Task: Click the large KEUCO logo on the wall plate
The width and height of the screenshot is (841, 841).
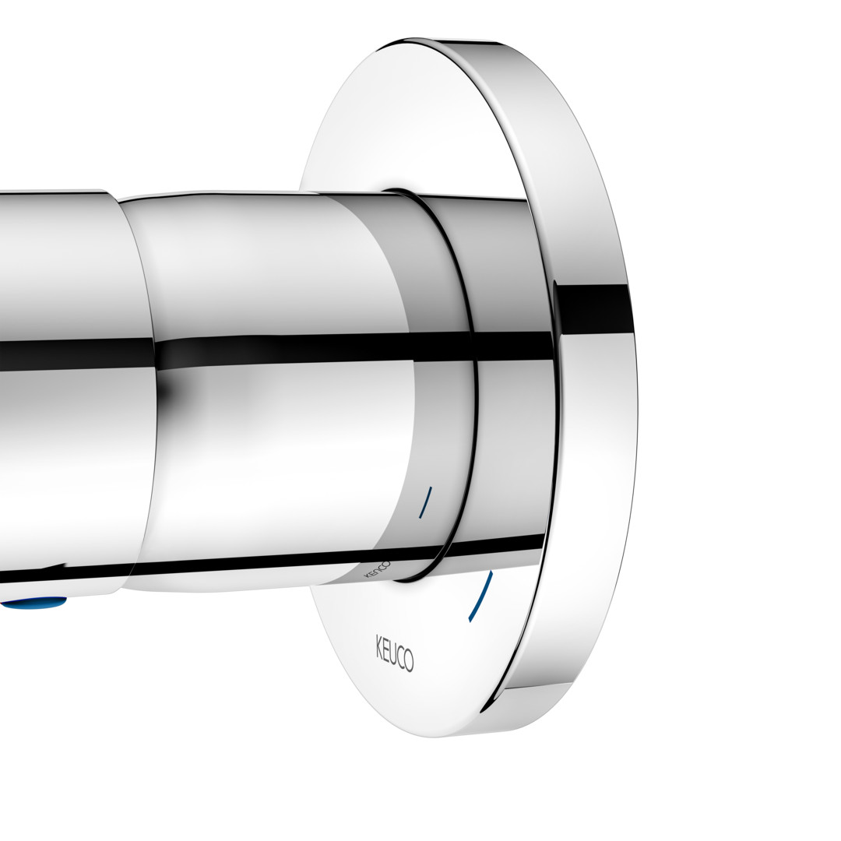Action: [394, 652]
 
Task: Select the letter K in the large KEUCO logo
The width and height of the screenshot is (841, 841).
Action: [378, 642]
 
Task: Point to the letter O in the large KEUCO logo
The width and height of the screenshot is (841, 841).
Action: [410, 663]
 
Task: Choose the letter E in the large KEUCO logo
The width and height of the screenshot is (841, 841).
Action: [385, 646]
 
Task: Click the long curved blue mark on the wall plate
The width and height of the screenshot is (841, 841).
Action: [481, 597]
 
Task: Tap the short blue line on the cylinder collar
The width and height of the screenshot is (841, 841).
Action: [425, 502]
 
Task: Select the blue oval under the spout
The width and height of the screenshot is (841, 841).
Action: [34, 606]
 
